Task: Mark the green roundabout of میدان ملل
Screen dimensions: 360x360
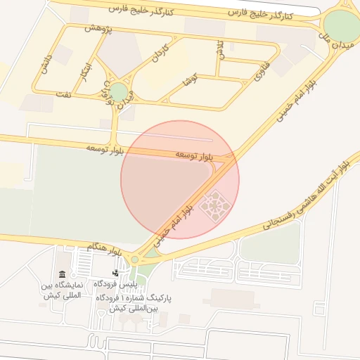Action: coord(343,26)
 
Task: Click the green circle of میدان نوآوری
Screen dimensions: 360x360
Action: coord(118,92)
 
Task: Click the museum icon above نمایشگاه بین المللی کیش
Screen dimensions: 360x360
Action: coord(62,274)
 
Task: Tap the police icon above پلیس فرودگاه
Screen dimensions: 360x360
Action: coord(115,272)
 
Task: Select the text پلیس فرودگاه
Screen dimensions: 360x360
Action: coord(115,284)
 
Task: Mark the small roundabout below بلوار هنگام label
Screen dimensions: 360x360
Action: coord(134,259)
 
